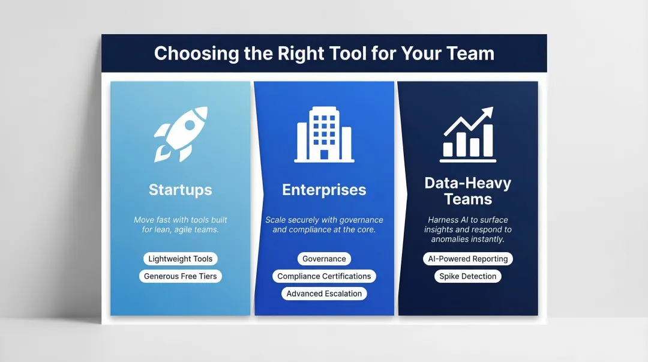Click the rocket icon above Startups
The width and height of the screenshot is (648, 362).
[181, 134]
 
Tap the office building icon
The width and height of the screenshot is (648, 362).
[324, 134]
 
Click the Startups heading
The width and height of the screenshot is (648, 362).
[181, 190]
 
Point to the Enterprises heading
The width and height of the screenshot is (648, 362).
[324, 190]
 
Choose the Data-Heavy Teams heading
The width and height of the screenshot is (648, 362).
[467, 191]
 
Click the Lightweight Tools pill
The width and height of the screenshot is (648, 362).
[181, 259]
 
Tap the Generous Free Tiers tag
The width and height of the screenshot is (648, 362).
[181, 276]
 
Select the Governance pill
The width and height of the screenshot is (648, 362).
[324, 259]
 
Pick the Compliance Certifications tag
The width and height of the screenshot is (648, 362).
[324, 276]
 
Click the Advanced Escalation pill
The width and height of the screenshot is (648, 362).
[324, 294]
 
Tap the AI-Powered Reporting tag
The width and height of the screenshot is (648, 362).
[467, 259]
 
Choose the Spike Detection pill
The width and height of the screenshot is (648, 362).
[467, 276]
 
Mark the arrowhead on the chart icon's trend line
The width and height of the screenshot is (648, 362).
[488, 111]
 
